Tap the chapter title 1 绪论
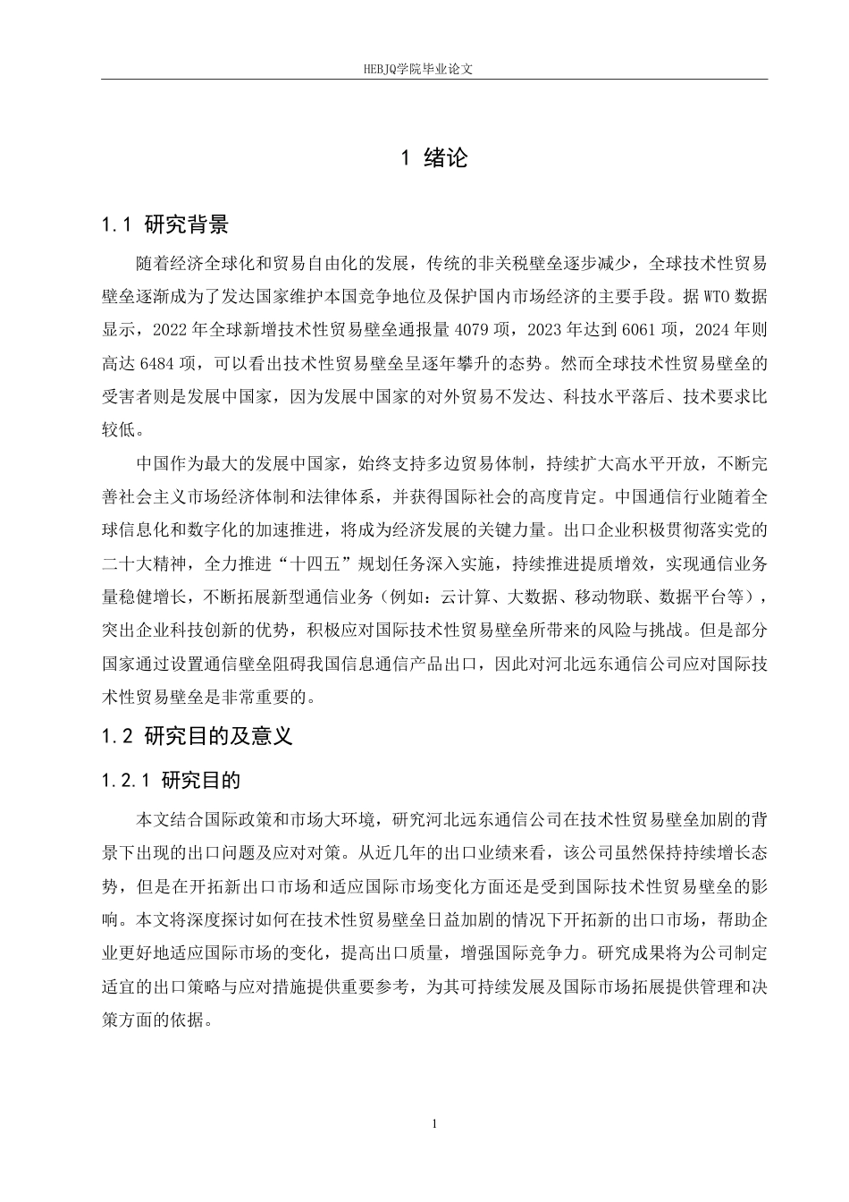pos(433,158)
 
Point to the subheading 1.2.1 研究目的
pos(171,780)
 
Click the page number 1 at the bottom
pos(433,1124)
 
